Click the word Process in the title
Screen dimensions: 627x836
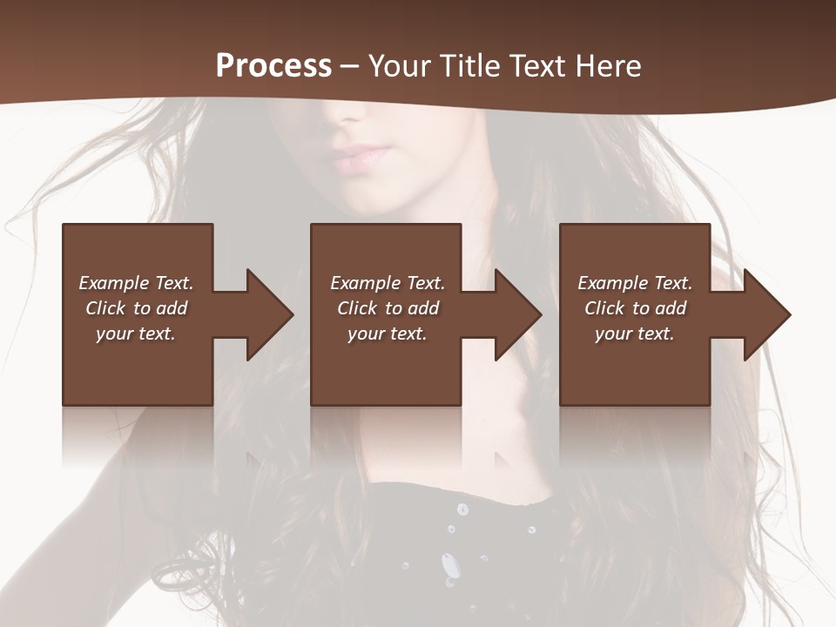[273, 65]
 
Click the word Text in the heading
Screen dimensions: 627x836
[539, 65]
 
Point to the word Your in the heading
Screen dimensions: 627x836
[400, 65]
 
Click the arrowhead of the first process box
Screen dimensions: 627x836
[266, 314]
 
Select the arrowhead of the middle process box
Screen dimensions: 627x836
[515, 314]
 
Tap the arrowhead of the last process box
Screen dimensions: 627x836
[764, 314]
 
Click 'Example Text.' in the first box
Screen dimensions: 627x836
[136, 283]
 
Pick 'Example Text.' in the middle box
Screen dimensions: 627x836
[388, 283]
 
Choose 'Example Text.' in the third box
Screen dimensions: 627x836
[635, 283]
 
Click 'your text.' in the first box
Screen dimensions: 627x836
[136, 334]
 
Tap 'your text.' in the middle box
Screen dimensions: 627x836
[388, 334]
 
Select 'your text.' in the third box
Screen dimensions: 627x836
[635, 334]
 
